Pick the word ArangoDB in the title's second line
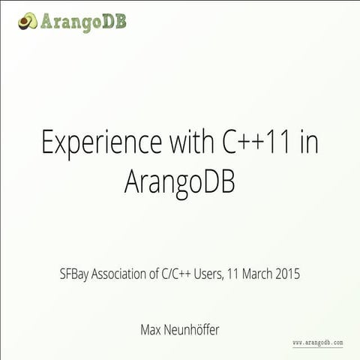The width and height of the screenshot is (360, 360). [x=180, y=182]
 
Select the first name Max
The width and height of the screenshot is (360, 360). [x=151, y=328]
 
